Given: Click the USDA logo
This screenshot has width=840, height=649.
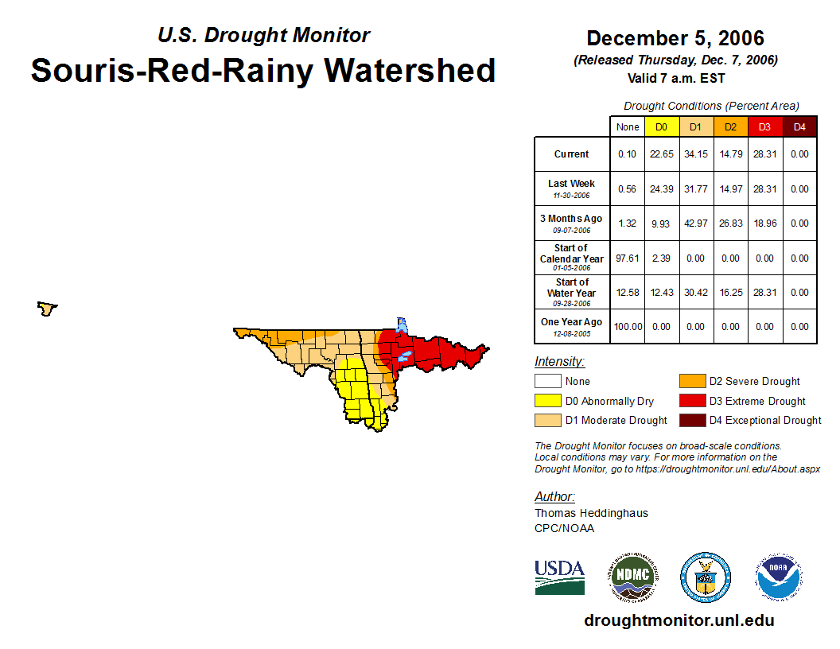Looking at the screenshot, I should coord(559,577).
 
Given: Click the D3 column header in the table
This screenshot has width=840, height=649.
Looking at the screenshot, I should coord(764,126).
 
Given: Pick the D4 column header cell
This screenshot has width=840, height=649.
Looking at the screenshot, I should coord(799,126).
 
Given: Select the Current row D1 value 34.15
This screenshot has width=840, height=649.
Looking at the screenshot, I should coord(695,154).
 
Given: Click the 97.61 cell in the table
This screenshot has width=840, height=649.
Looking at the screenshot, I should coord(628,258).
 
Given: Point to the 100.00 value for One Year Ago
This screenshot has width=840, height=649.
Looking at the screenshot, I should coord(628,327).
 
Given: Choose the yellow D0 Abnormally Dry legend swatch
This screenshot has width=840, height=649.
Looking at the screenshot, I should coord(546,401).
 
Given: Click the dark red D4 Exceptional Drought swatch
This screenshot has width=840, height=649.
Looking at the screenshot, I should coord(690,420).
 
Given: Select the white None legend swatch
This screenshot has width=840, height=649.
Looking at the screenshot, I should coord(546,382).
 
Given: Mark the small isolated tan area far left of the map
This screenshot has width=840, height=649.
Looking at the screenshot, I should coord(48,308).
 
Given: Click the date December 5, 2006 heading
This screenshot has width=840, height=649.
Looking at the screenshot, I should coord(675,38).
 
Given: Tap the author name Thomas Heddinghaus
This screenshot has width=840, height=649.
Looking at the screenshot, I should coord(591,513).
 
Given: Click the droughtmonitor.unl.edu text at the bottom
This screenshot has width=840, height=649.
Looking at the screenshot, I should coord(679,620).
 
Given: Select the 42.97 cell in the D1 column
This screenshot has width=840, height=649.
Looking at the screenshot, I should coord(695,223).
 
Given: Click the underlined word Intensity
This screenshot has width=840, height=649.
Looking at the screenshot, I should coord(559,362).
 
